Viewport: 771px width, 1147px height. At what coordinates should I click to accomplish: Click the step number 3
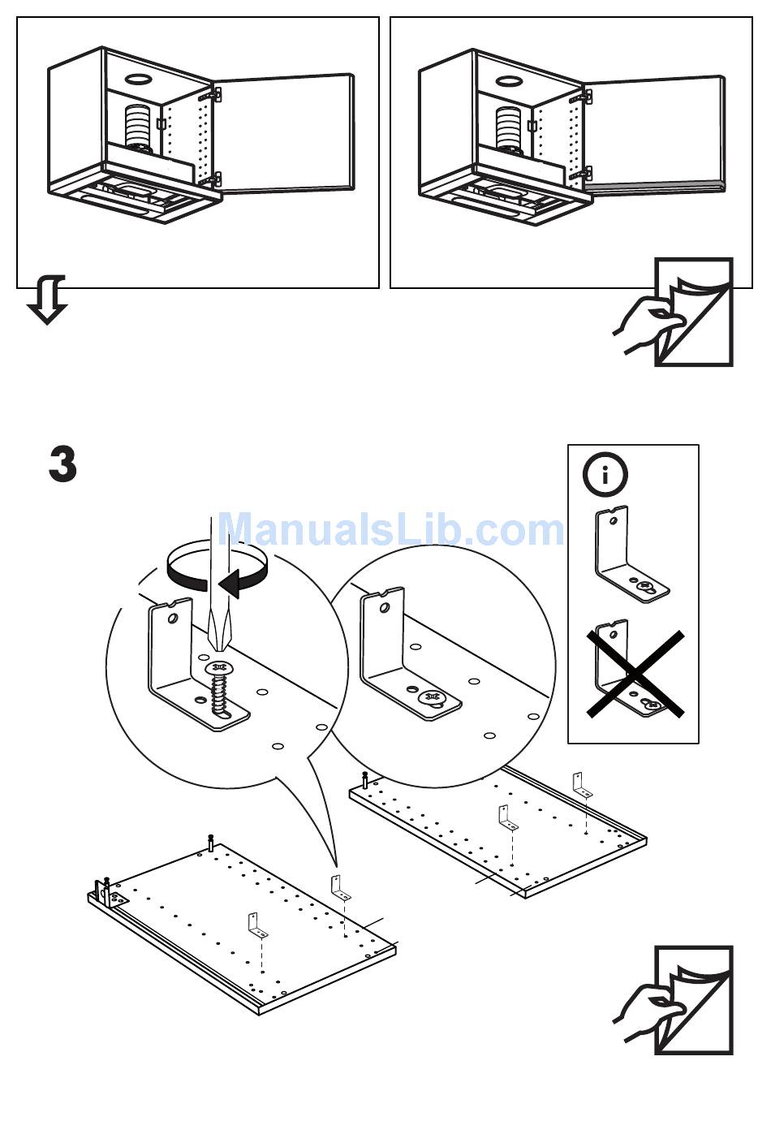point(63,464)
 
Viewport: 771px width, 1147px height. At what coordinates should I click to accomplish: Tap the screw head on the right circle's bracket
point(430,697)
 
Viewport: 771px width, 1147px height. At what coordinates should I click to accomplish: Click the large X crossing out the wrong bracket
point(635,673)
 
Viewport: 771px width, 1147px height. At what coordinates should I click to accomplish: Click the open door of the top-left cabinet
point(286,134)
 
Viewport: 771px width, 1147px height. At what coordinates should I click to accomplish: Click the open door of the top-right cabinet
point(654,134)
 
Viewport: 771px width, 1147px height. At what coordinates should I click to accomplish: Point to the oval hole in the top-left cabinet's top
point(138,80)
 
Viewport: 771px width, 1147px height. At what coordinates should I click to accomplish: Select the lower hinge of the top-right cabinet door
point(580,174)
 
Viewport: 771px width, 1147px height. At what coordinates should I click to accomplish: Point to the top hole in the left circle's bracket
point(171,619)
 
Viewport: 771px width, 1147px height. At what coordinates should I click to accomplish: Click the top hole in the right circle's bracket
point(379,607)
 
